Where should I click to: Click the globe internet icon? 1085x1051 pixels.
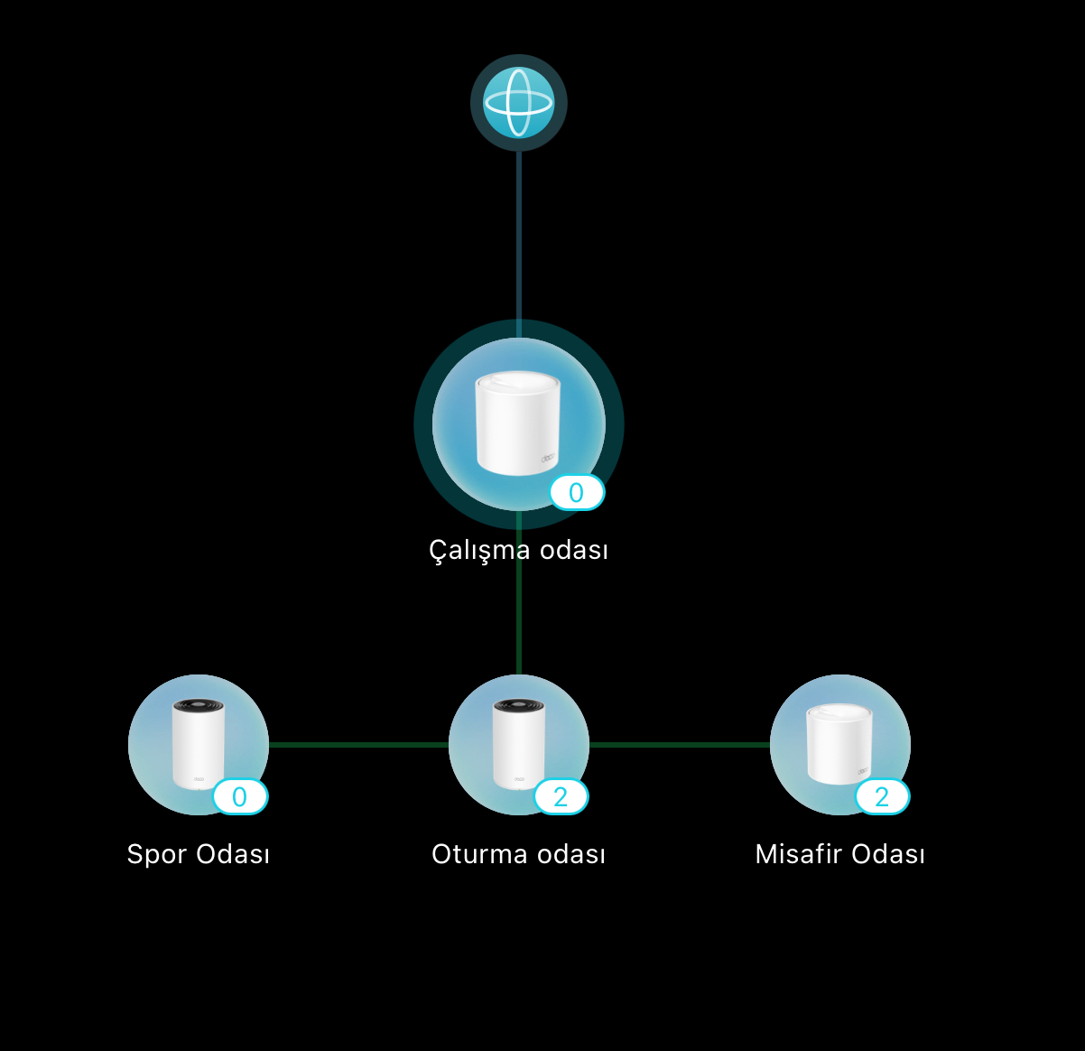click(x=518, y=103)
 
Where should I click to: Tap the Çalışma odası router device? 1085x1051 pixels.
click(x=518, y=424)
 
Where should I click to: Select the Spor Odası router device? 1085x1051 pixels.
click(x=199, y=745)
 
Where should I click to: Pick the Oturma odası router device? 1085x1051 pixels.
click(x=518, y=745)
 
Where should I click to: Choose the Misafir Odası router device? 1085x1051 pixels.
click(x=840, y=745)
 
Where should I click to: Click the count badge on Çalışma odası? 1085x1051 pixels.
click(x=577, y=493)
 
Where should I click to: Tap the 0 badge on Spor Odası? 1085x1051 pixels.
click(x=240, y=796)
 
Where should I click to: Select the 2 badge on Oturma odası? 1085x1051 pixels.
click(x=561, y=796)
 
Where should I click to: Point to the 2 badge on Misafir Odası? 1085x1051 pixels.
click(x=882, y=796)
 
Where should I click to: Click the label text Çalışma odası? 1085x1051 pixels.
click(x=518, y=551)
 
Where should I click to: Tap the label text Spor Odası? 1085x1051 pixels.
click(x=199, y=854)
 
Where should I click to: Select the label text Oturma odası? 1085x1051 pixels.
click(x=518, y=854)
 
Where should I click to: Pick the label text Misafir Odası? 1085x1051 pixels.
click(x=840, y=854)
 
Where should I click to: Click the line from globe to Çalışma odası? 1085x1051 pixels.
click(x=518, y=245)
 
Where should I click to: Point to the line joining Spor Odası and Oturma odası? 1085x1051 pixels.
click(x=358, y=745)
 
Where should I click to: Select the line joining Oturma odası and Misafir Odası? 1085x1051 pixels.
click(x=680, y=745)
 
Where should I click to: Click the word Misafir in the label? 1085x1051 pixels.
click(x=799, y=854)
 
